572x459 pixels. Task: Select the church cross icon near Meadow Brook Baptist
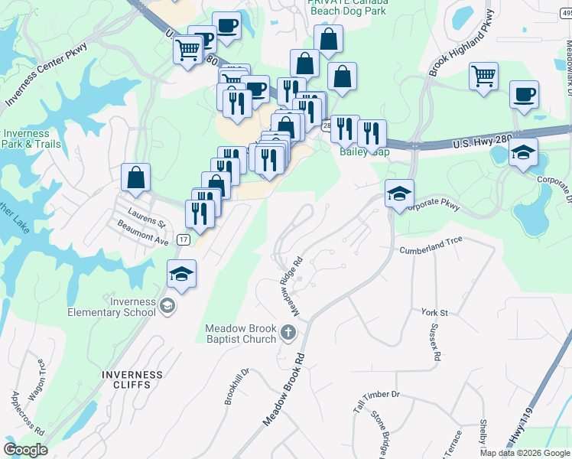(288, 332)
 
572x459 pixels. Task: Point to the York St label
(434, 313)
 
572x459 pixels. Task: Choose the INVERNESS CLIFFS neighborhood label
(132, 380)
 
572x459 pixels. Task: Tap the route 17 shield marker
(183, 239)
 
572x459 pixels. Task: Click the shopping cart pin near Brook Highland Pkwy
(483, 76)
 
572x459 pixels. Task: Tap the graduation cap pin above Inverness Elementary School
(181, 274)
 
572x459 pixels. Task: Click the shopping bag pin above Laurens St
(135, 177)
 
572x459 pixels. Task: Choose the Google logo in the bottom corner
(26, 450)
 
